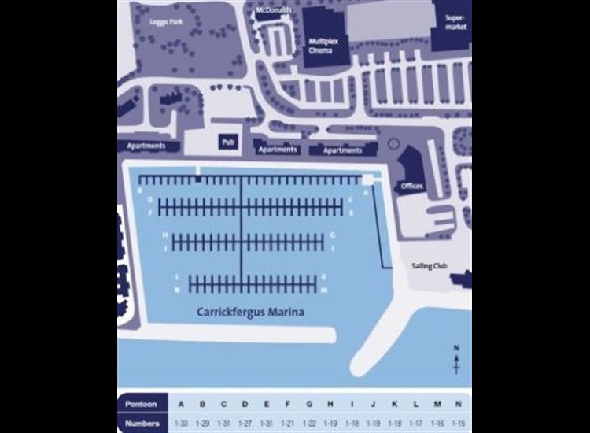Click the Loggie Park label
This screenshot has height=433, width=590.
tap(166, 22)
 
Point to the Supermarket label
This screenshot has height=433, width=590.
tap(455, 22)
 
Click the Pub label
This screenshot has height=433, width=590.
tap(228, 142)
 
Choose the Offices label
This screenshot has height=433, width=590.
tap(412, 186)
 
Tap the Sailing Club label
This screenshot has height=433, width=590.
tap(429, 266)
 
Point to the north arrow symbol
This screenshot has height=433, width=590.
tap(456, 361)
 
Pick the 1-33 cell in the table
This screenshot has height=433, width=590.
tap(181, 424)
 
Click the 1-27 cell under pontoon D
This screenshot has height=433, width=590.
tap(245, 424)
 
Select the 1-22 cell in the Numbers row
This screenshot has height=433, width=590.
tap(309, 424)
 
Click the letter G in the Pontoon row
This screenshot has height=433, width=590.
tap(309, 404)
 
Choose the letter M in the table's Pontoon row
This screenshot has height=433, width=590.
tap(437, 404)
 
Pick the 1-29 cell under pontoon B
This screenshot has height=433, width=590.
tap(202, 424)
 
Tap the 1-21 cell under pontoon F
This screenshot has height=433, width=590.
tap(288, 424)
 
